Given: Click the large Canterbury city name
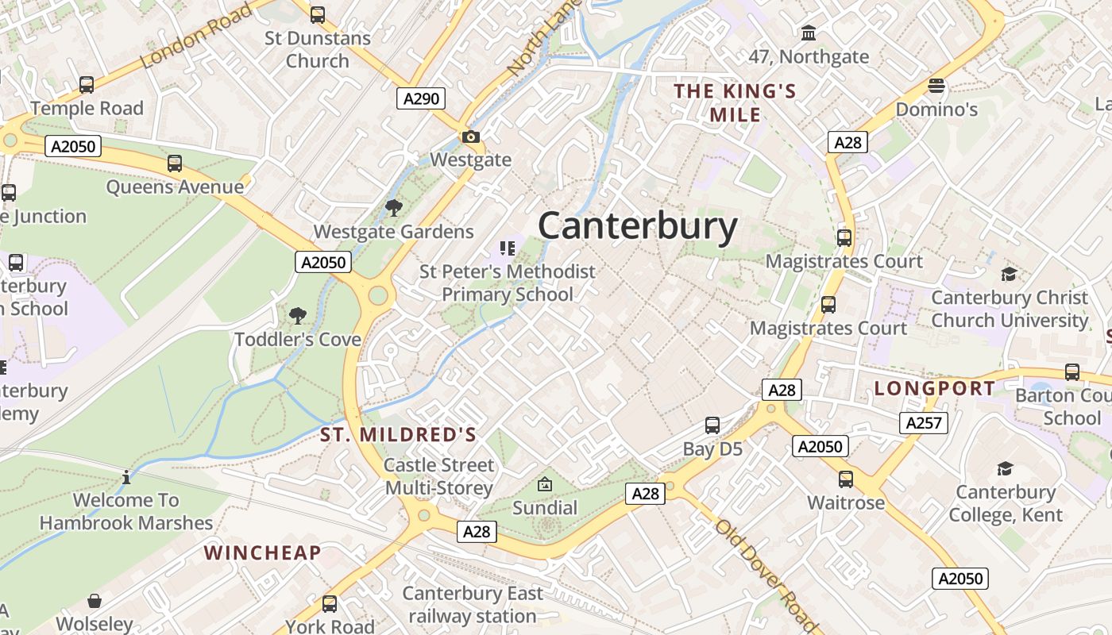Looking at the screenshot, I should pyautogui.click(x=638, y=226).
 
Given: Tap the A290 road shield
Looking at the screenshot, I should pyautogui.click(x=420, y=98).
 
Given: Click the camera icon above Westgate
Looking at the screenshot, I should pyautogui.click(x=471, y=137).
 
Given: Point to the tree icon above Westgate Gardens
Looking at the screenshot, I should pyautogui.click(x=393, y=208).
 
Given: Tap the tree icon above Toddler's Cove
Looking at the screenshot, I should pyautogui.click(x=298, y=316).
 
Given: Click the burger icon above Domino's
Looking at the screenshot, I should pyautogui.click(x=936, y=86).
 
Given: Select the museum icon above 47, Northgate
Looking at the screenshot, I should pyautogui.click(x=809, y=33).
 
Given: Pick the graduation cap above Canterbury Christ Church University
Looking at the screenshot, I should pyautogui.click(x=1009, y=274).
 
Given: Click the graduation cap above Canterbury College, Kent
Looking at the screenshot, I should pyautogui.click(x=1005, y=468).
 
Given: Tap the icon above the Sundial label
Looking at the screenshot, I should pyautogui.click(x=545, y=483).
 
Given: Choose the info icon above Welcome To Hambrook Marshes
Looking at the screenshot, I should pyautogui.click(x=125, y=477).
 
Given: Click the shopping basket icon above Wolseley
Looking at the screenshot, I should pyautogui.click(x=95, y=601).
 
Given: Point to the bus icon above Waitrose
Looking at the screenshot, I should pyautogui.click(x=846, y=479).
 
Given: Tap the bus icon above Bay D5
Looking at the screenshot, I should pyautogui.click(x=712, y=425).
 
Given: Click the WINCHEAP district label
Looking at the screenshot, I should pyautogui.click(x=262, y=552).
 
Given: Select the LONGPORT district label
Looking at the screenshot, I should pyautogui.click(x=934, y=388).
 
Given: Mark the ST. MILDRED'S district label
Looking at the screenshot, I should pyautogui.click(x=398, y=434).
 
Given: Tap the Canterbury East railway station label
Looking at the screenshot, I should pyautogui.click(x=473, y=604).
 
